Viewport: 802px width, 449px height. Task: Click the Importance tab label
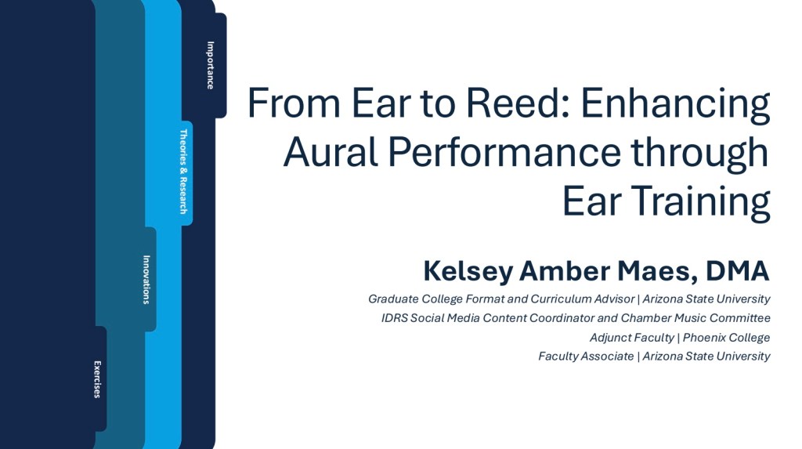pyautogui.click(x=210, y=66)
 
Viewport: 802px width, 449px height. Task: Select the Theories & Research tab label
pyautogui.click(x=183, y=172)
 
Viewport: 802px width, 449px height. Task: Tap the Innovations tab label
pyautogui.click(x=146, y=280)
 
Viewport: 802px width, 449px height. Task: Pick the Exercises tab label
pyautogui.click(x=97, y=379)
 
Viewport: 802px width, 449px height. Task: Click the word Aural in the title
pyautogui.click(x=331, y=152)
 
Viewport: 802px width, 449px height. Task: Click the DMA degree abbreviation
pyautogui.click(x=738, y=271)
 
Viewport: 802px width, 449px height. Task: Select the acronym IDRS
pyautogui.click(x=395, y=318)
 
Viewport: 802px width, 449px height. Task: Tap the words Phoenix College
pyautogui.click(x=726, y=338)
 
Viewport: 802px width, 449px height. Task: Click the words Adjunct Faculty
pyautogui.click(x=632, y=338)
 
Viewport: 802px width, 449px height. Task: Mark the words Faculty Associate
pyautogui.click(x=586, y=357)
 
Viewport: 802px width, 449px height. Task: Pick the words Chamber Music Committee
pyautogui.click(x=695, y=318)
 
